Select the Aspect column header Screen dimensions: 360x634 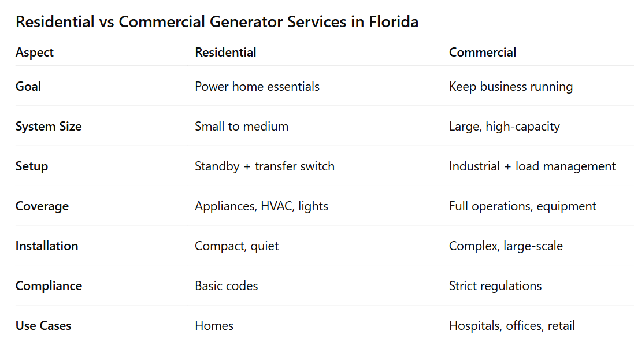pos(34,52)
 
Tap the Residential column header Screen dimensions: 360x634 pos(225,52)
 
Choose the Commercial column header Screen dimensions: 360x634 pos(483,52)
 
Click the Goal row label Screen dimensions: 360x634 pos(28,87)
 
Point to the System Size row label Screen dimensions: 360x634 pos(49,127)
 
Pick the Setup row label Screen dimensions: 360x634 pos(32,166)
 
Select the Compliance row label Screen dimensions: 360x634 pos(49,286)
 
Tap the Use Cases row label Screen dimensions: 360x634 pos(43,326)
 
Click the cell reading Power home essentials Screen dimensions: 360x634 pos(257,87)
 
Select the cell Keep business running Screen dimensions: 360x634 pos(511,87)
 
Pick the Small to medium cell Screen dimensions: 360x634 pos(242,127)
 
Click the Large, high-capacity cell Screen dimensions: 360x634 pos(505,127)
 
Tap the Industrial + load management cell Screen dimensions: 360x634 pos(532,166)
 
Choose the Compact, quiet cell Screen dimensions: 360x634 pos(237,246)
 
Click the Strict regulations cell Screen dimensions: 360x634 pos(495,286)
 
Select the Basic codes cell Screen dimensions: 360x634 pos(227,286)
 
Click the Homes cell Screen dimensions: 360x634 pos(214,326)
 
